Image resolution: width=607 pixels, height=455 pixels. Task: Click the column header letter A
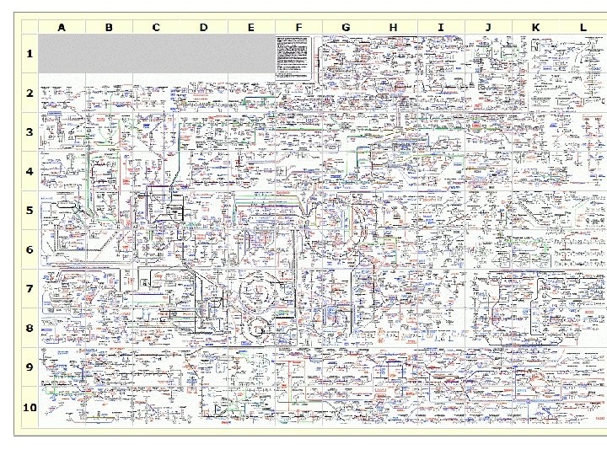[62, 27]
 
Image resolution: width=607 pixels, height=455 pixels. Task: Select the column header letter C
[156, 27]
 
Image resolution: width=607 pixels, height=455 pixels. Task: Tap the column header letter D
[203, 27]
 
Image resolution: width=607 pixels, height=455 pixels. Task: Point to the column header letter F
[298, 27]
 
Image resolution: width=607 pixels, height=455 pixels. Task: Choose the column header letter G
[346, 27]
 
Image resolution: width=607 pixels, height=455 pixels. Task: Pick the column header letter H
[393, 27]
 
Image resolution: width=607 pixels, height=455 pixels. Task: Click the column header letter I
[440, 27]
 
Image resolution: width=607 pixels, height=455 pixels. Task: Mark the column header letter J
[488, 27]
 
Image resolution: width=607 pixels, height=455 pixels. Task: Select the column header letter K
[535, 27]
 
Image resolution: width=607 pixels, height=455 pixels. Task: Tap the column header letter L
[583, 27]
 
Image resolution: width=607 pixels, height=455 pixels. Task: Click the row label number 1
[30, 54]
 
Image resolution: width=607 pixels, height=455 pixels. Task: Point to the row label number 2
[30, 93]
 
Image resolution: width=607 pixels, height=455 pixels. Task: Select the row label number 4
[30, 171]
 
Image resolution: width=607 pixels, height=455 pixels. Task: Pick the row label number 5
[30, 211]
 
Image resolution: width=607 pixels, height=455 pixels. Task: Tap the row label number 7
[30, 289]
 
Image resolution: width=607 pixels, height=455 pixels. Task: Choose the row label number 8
[30, 328]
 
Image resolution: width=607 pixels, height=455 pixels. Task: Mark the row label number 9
[30, 367]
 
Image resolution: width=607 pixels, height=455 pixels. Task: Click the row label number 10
[30, 407]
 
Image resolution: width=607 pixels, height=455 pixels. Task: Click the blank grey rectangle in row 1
[156, 54]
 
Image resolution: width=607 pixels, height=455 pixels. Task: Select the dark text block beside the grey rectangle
[294, 57]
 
